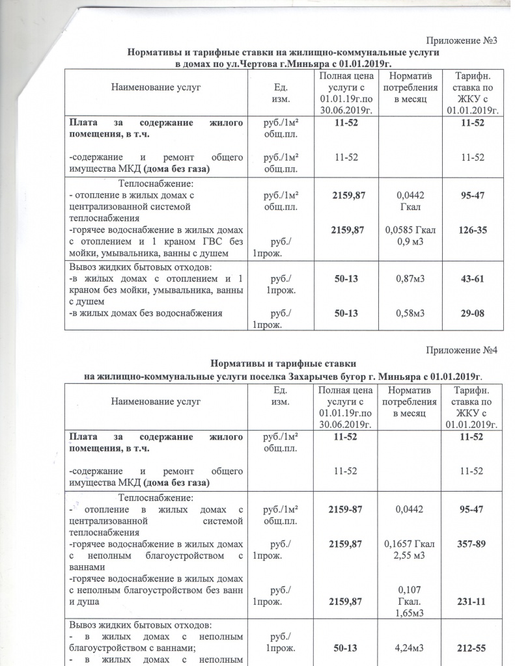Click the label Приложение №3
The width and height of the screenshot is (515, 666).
pyautogui.click(x=462, y=41)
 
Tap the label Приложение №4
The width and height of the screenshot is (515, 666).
pyautogui.click(x=462, y=351)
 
